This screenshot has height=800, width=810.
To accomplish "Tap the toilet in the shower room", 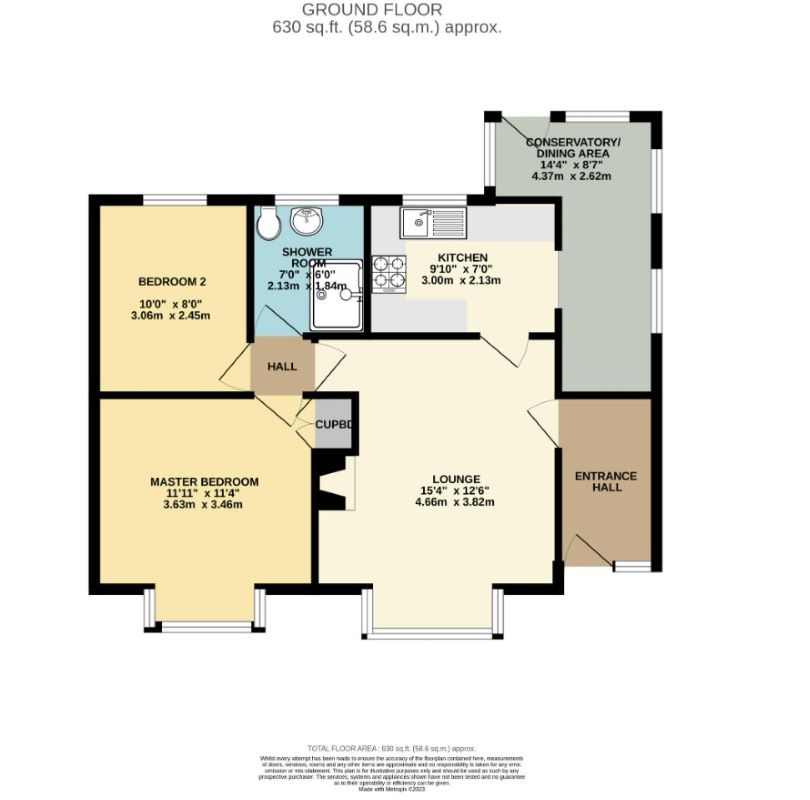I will [x=267, y=225].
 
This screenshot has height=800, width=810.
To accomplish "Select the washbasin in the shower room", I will [x=304, y=220].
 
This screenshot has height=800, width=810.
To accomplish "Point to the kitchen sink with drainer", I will [x=432, y=218].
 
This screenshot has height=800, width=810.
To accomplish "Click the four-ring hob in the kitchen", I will [x=388, y=273].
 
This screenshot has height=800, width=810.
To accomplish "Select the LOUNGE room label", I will [x=436, y=478].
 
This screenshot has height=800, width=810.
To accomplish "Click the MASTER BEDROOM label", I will [x=197, y=482].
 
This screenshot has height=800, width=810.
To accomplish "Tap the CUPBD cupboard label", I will [x=334, y=425].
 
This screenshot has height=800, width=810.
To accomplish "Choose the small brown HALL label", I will [x=282, y=367].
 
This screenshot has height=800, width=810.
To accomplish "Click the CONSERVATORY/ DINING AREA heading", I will [x=573, y=148].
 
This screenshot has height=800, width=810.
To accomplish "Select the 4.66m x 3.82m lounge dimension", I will [x=436, y=504].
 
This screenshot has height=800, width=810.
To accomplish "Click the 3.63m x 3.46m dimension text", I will [x=197, y=504].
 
